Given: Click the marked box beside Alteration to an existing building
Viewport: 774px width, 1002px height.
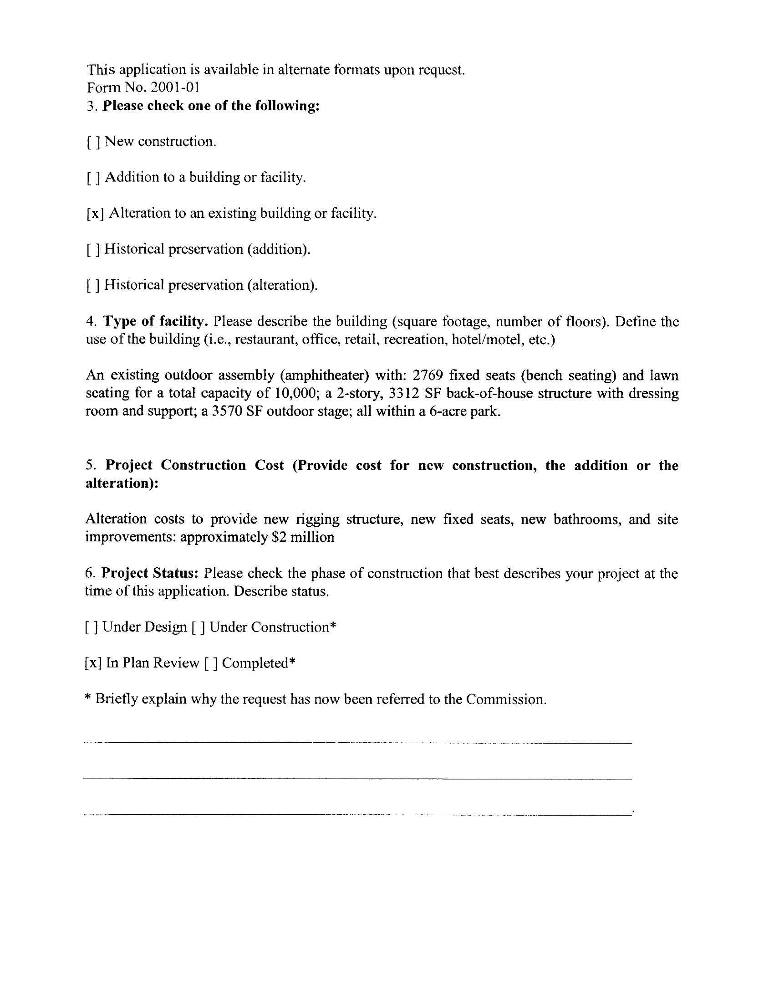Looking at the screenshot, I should coord(95,214).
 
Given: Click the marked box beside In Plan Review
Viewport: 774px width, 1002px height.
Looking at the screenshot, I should coord(93,663).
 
